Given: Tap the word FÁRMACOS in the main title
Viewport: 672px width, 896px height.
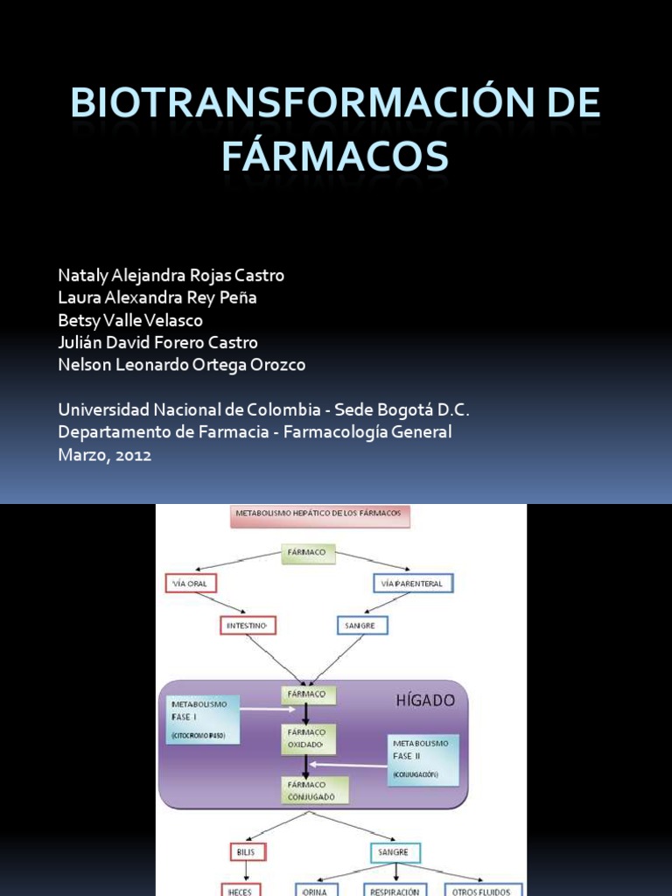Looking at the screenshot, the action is click(x=335, y=156).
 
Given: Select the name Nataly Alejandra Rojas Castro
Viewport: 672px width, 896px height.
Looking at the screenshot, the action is click(x=171, y=276).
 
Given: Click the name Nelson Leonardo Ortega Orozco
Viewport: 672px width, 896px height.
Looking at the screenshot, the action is click(x=181, y=365).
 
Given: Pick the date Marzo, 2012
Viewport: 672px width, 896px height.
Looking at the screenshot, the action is click(x=104, y=455).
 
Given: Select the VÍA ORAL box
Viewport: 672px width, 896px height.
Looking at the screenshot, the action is click(x=190, y=583).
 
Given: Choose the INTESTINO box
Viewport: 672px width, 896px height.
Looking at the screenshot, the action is click(x=248, y=626).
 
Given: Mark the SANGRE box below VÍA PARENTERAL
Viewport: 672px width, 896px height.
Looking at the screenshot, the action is click(x=362, y=626).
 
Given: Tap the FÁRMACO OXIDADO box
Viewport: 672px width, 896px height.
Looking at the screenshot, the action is click(x=306, y=738).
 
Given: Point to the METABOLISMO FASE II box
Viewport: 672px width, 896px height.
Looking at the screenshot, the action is click(x=423, y=759).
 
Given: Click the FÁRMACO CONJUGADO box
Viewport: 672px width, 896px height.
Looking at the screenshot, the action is click(x=314, y=790).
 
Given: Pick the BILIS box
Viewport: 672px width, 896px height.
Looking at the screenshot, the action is click(x=244, y=852).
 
